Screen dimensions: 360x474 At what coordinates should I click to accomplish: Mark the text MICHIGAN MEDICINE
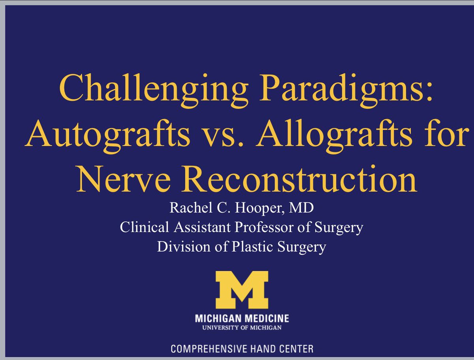point(241,318)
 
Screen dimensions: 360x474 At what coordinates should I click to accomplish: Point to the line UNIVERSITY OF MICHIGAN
point(241,328)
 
